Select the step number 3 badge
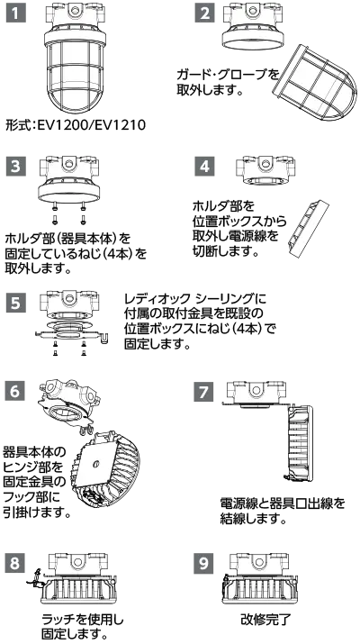click(16, 167)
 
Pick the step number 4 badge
click(204, 167)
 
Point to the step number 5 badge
click(16, 304)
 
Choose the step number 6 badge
click(14, 391)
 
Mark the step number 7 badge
click(204, 391)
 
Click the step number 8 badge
click(14, 563)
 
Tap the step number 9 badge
click(204, 563)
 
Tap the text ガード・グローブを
click(228, 75)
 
